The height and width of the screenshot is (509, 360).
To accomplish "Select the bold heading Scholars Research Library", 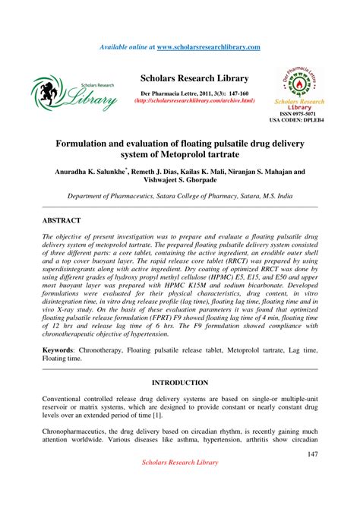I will click(x=194, y=78).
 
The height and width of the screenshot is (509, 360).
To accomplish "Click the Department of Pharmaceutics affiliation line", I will click(x=180, y=196).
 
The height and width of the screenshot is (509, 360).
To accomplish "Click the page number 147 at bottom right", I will click(x=311, y=454).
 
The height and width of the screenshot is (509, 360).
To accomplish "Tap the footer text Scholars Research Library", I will click(x=180, y=484).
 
